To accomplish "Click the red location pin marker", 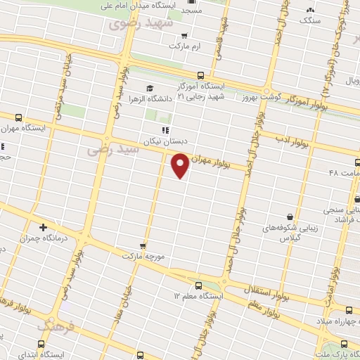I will point(181,165).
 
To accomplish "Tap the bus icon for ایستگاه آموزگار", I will point(201,75).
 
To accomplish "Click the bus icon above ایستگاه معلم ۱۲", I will point(199,286).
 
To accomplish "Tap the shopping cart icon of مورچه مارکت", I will point(143,246).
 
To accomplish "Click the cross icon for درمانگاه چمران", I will point(44,227).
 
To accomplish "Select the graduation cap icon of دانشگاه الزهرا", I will point(149,88).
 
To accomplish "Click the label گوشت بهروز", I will point(264,97).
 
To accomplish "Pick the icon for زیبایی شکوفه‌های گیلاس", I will point(290,217).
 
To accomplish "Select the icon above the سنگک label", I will point(309,10).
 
